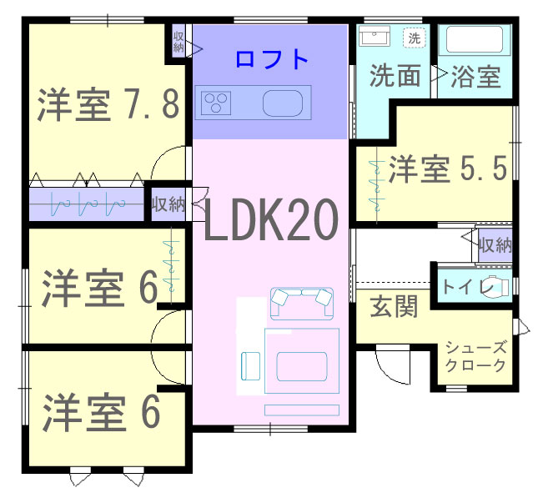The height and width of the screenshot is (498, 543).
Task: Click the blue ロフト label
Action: (x=272, y=59)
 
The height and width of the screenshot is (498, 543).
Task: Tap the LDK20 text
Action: (x=271, y=220)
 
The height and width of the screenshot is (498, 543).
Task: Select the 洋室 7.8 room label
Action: (x=108, y=105)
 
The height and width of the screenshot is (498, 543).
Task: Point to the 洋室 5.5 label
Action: (x=448, y=169)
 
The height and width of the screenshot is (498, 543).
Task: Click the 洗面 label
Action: (x=395, y=76)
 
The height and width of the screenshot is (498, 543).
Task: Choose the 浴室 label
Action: (x=475, y=76)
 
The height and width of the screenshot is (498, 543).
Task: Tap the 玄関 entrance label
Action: (x=394, y=306)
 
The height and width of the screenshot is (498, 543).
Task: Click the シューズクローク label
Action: (x=475, y=356)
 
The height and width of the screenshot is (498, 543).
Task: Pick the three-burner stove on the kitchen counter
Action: (x=213, y=103)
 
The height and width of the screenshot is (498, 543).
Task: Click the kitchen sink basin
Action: (x=283, y=103)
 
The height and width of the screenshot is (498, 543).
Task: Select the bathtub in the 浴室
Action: (x=475, y=39)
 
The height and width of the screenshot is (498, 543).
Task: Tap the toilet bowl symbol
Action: (x=496, y=287)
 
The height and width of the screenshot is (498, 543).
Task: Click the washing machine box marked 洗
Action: (x=415, y=38)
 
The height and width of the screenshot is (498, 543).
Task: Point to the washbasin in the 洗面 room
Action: (x=375, y=36)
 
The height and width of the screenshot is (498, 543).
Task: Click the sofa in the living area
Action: (x=302, y=304)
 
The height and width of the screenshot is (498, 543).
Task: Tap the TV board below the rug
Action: (x=302, y=410)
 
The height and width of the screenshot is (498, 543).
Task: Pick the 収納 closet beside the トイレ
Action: (x=495, y=245)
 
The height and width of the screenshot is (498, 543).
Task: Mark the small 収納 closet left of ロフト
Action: (x=178, y=42)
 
